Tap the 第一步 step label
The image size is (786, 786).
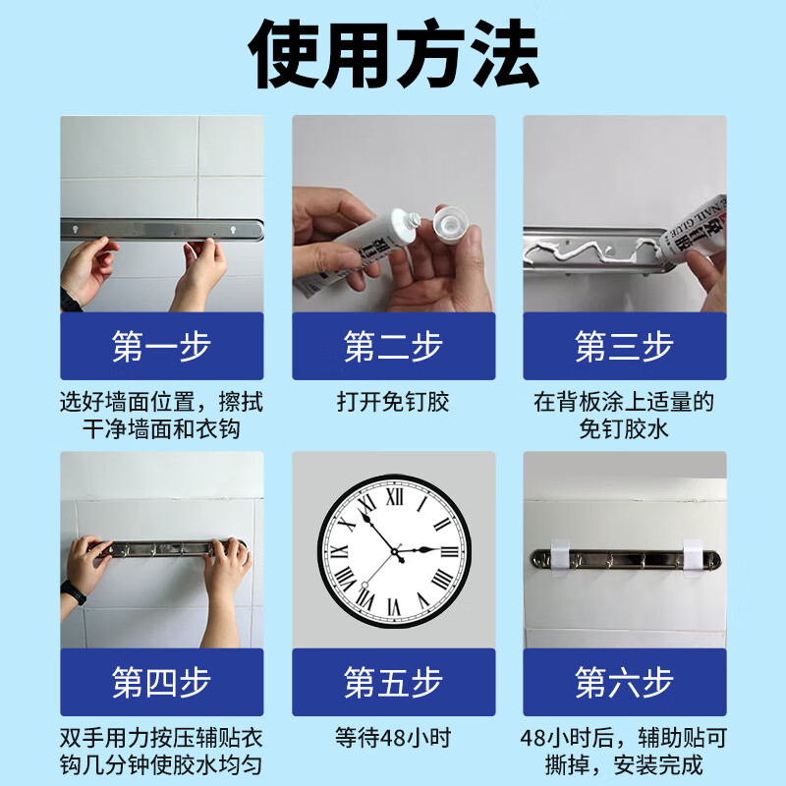[161, 346]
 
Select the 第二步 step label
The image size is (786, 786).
[393, 346]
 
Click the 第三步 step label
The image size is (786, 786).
[624, 346]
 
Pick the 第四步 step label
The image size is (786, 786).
[161, 682]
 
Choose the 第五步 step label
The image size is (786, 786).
[393, 682]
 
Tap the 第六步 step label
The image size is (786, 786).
[624, 682]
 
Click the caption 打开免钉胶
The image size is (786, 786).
[393, 403]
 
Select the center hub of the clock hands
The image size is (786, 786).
[398, 557]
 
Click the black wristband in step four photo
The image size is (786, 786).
[72, 593]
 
